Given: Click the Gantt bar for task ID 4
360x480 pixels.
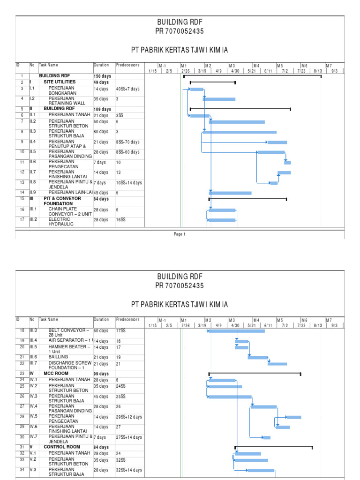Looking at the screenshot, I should (x=219, y=99).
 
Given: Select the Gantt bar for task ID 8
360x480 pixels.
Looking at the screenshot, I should (x=240, y=132).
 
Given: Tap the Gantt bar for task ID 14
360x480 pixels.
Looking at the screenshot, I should (x=230, y=193).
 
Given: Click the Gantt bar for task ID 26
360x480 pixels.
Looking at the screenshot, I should (x=230, y=397).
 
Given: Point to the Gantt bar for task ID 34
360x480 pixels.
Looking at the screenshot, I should (x=261, y=470).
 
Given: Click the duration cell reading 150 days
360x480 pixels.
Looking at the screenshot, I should (x=102, y=76).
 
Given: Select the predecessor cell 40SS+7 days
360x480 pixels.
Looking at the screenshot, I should (x=127, y=89).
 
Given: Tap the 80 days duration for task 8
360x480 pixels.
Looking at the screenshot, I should (x=101, y=132).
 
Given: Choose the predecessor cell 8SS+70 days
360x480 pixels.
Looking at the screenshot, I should (x=127, y=142).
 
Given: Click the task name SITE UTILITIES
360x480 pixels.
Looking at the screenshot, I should (x=60, y=82).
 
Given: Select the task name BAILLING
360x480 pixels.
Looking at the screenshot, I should (x=58, y=357).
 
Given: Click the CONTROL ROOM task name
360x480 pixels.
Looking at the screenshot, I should (x=62, y=447).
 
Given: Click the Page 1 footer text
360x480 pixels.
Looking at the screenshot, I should (x=180, y=234).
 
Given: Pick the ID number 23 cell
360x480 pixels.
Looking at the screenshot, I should (x=22, y=374).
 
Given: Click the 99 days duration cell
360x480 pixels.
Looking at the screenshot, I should (x=101, y=374).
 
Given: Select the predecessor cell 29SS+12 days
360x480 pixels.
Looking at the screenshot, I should (x=128, y=417).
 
